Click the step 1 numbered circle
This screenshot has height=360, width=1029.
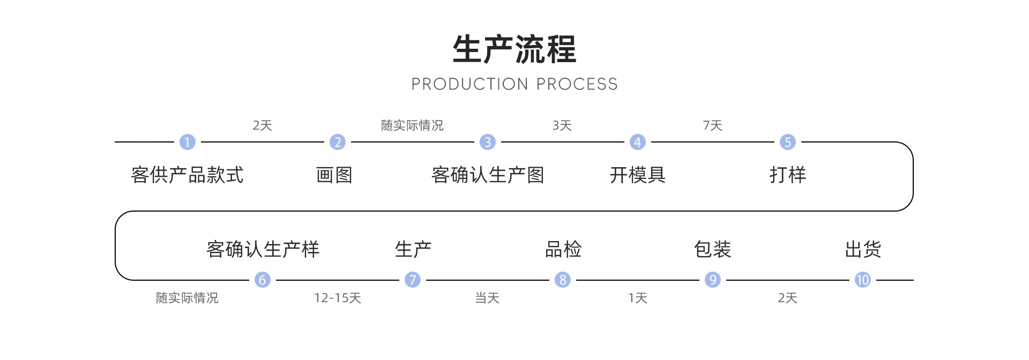tap(187, 142)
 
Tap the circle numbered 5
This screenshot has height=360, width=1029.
tap(787, 142)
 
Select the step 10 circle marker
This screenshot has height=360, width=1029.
tap(862, 280)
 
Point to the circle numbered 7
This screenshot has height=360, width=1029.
tap(412, 280)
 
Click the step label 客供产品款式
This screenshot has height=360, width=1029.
tap(187, 175)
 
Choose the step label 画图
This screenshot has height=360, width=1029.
tap(334, 175)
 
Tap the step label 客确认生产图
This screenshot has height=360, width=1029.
tap(488, 175)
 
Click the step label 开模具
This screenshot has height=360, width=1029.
tap(637, 175)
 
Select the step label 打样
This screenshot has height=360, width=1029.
tap(787, 175)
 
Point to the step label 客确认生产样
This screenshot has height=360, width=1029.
tap(263, 249)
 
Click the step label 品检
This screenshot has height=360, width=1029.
tap(563, 249)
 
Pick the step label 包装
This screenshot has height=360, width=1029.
tap(712, 249)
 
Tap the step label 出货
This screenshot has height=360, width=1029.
tap(862, 249)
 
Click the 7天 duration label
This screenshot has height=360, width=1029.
tap(712, 125)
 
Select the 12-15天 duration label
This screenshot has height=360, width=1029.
tap(338, 298)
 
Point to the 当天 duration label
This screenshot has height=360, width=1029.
tap(487, 298)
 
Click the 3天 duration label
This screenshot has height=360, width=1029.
tap(562, 125)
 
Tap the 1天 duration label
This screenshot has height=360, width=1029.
tap(638, 298)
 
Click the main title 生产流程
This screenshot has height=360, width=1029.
tap(514, 49)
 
